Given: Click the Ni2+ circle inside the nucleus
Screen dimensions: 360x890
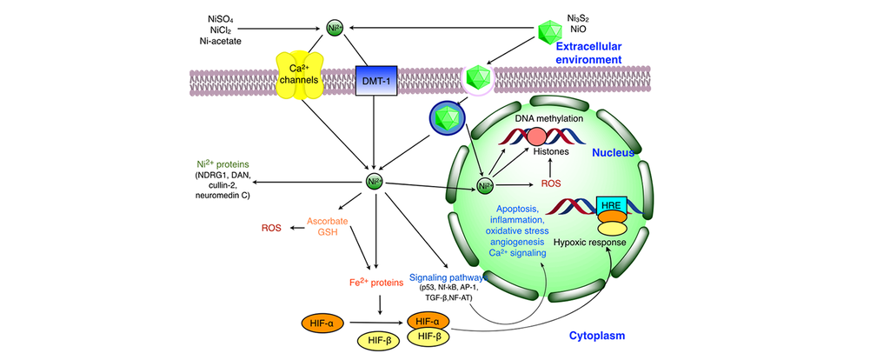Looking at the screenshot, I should click(486, 186).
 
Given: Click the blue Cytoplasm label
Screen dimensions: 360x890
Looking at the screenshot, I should click(590, 335).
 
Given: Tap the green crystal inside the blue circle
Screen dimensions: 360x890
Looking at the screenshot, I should click(449, 117).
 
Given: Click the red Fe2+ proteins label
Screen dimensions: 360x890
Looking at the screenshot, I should click(375, 283).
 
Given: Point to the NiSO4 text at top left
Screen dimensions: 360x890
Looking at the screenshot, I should click(221, 17).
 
